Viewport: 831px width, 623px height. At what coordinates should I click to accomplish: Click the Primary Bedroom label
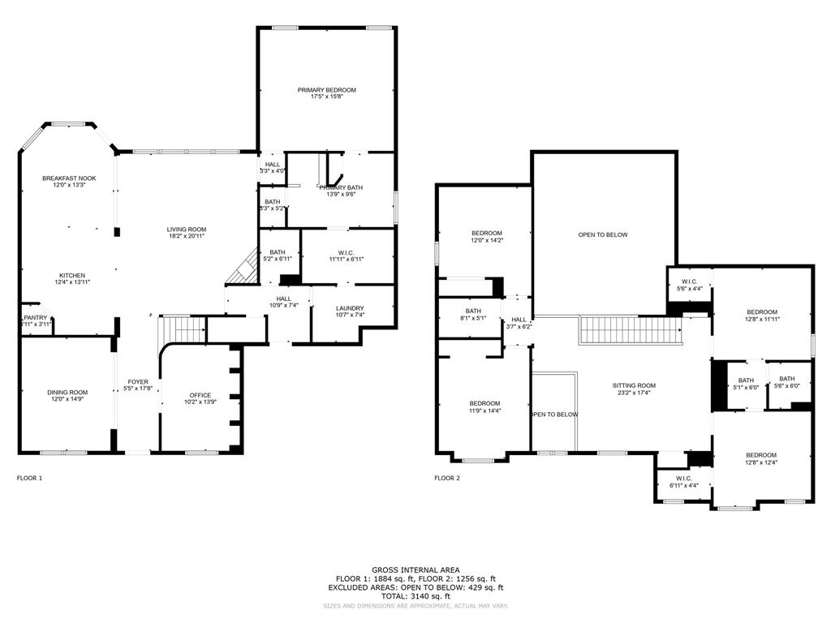pos(326,90)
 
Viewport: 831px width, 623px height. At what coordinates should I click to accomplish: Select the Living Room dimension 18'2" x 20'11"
pos(187,236)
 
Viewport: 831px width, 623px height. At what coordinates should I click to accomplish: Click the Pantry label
pos(36,317)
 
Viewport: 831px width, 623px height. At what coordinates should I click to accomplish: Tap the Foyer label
pos(138,381)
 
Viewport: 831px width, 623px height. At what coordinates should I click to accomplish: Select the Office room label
pos(200,395)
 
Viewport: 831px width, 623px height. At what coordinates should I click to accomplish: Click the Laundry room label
pos(349,308)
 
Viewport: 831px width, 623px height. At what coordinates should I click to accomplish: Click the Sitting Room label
pos(634,385)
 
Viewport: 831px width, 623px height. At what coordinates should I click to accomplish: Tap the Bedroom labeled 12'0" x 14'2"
pos(487,233)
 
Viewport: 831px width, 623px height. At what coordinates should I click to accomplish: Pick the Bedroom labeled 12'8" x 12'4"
pos(761,455)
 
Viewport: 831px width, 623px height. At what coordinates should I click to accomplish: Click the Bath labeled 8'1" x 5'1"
pos(473,311)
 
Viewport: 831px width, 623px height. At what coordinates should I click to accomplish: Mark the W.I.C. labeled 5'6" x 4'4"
pos(690,281)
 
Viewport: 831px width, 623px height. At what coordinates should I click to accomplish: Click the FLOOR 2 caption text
pos(447,478)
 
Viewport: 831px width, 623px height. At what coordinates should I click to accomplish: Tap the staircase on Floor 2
pos(630,331)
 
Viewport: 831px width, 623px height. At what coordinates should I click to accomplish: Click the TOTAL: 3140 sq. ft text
pos(415,595)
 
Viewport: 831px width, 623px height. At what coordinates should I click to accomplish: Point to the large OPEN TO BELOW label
pos(603,234)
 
